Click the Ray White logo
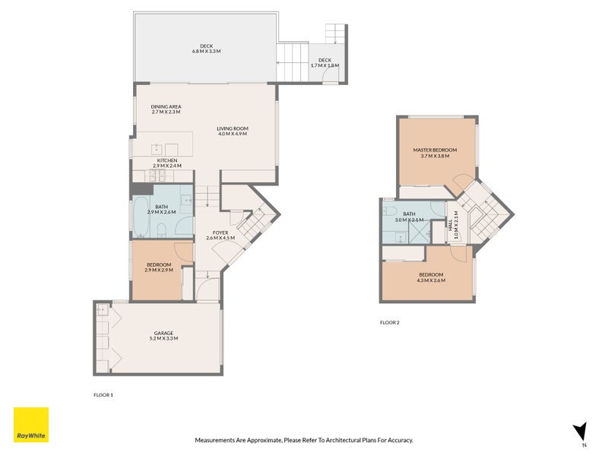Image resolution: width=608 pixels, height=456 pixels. (x=31, y=425)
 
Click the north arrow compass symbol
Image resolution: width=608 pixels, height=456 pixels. (x=581, y=432)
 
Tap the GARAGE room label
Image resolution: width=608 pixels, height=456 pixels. (x=163, y=333)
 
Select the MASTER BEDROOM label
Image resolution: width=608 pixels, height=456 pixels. (x=431, y=150)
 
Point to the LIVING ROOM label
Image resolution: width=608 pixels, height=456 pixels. (x=233, y=128)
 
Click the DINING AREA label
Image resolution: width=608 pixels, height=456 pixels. (x=166, y=106)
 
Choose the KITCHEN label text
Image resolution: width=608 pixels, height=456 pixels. (x=167, y=160)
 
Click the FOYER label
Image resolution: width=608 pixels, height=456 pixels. (x=220, y=233)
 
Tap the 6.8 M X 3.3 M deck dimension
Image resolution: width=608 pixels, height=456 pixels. (x=205, y=52)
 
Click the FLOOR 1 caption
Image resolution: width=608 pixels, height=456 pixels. (x=103, y=395)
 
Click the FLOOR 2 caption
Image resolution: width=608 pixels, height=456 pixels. (x=389, y=322)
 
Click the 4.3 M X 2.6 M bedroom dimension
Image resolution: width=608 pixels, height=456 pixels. (x=430, y=280)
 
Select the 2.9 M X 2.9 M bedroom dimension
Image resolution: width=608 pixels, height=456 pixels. (x=159, y=270)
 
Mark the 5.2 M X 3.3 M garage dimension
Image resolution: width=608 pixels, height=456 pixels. (x=163, y=338)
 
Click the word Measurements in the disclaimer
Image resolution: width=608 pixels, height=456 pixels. (x=216, y=440)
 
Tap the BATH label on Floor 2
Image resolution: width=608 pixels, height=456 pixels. (x=409, y=214)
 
